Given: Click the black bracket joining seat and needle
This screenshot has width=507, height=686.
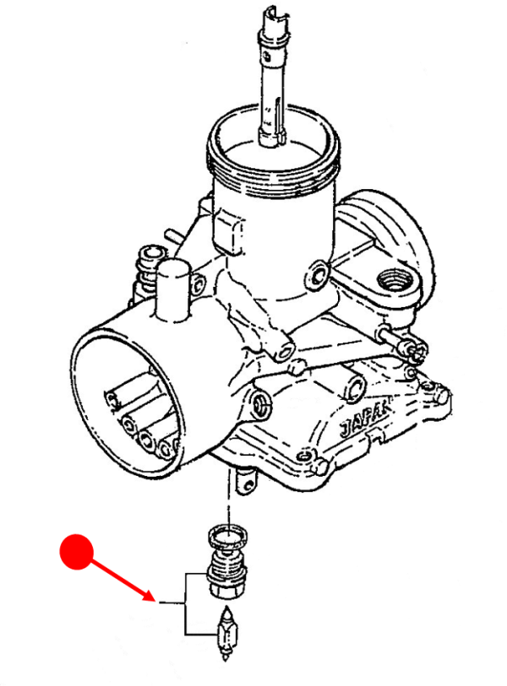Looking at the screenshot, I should click(186, 603).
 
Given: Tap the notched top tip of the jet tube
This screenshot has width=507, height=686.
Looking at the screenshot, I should click(274, 17).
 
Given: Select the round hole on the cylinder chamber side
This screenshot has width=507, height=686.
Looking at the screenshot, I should click(319, 273).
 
